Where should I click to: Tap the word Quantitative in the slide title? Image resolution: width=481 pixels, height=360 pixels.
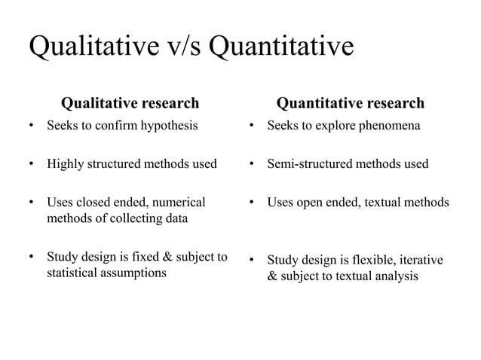pyautogui.click(x=280, y=48)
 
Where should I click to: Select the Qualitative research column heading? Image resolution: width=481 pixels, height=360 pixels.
pyautogui.click(x=130, y=102)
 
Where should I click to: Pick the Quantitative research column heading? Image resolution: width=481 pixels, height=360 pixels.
pyautogui.click(x=351, y=102)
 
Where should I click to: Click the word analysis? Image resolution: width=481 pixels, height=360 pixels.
pyautogui.click(x=392, y=276)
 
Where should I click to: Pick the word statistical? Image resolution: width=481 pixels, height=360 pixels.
pyautogui.click(x=73, y=273)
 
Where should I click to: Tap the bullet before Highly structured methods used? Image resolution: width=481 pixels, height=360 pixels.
pyautogui.click(x=31, y=164)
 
